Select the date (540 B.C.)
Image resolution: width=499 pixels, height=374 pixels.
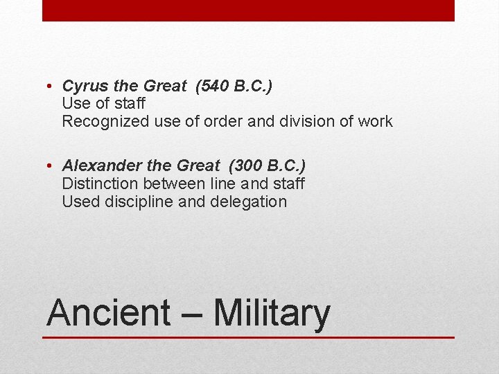[x=234, y=87]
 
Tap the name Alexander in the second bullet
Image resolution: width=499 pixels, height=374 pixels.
[x=96, y=166]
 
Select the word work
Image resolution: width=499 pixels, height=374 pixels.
[x=374, y=122]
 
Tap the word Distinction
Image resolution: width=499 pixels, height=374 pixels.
[x=100, y=184]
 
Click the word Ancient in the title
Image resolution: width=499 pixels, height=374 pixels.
[x=108, y=313]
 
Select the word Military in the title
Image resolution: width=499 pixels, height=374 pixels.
[x=272, y=313]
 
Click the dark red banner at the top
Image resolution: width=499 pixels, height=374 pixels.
[x=248, y=10]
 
